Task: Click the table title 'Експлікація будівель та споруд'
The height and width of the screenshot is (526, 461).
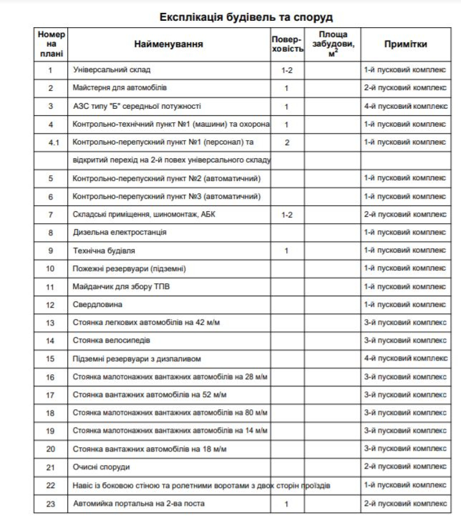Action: click(x=246, y=18)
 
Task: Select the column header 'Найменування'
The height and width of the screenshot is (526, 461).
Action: click(x=169, y=44)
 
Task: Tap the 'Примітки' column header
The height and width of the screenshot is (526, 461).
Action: click(x=406, y=44)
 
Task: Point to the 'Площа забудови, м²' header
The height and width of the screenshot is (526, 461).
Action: click(x=332, y=44)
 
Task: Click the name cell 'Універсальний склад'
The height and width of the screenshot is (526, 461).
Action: click(x=112, y=70)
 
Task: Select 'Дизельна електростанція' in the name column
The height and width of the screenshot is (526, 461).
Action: click(x=119, y=232)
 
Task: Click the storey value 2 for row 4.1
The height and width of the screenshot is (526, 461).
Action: click(x=287, y=142)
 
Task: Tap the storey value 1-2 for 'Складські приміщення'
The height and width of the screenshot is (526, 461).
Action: click(x=287, y=215)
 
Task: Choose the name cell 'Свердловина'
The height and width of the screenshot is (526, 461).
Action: click(x=98, y=305)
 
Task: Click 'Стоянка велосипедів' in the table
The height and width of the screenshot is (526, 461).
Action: click(x=112, y=341)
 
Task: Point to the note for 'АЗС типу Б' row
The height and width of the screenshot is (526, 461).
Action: click(x=406, y=106)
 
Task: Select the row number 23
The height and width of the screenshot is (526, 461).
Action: click(x=51, y=504)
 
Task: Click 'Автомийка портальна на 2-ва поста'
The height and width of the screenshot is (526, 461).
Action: click(x=139, y=504)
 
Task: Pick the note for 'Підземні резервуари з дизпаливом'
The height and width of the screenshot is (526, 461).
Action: click(x=406, y=359)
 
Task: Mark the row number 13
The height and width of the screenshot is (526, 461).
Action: click(x=51, y=323)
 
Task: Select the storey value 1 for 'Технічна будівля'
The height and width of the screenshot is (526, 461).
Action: click(x=287, y=251)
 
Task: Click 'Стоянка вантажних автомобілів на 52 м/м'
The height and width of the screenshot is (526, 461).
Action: click(x=150, y=395)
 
